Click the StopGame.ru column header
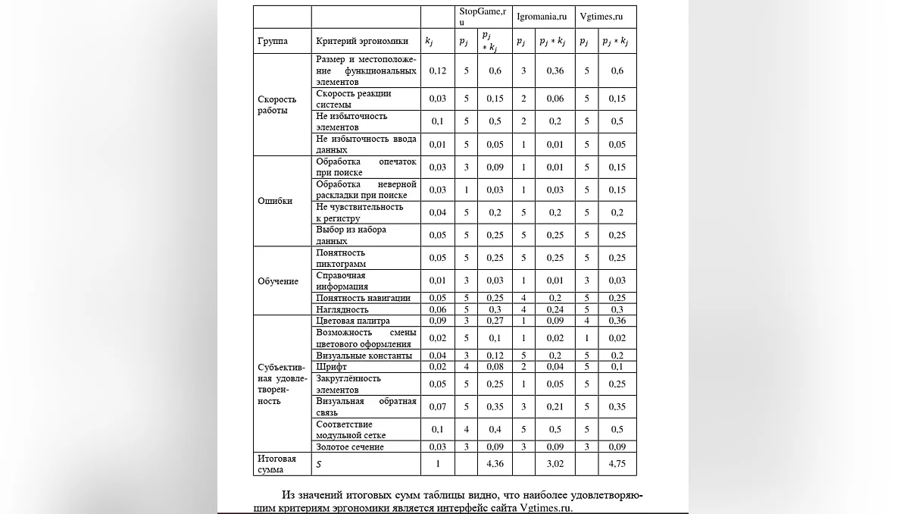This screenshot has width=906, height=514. pyautogui.click(x=483, y=17)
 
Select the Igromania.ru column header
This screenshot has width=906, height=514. pyautogui.click(x=542, y=16)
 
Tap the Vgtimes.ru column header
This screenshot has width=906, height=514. pyautogui.click(x=601, y=16)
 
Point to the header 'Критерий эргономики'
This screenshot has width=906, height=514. pyautogui.click(x=362, y=41)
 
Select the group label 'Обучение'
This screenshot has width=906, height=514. pyautogui.click(x=278, y=281)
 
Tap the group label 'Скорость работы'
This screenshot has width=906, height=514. pyautogui.click(x=277, y=105)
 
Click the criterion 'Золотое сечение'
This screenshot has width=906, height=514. pyautogui.click(x=350, y=447)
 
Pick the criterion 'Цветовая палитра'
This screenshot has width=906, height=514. pyautogui.click(x=352, y=321)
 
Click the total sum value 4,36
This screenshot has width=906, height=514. pyautogui.click(x=494, y=464)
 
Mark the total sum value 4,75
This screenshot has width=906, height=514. pyautogui.click(x=617, y=464)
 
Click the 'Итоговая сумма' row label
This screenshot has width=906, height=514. pyautogui.click(x=277, y=464)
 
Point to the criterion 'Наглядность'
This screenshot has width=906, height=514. pyautogui.click(x=342, y=309)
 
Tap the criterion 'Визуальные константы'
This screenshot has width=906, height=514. pyautogui.click(x=364, y=356)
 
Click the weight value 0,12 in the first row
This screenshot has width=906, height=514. pyautogui.click(x=438, y=71)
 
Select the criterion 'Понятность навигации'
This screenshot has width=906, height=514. pyautogui.click(x=364, y=298)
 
